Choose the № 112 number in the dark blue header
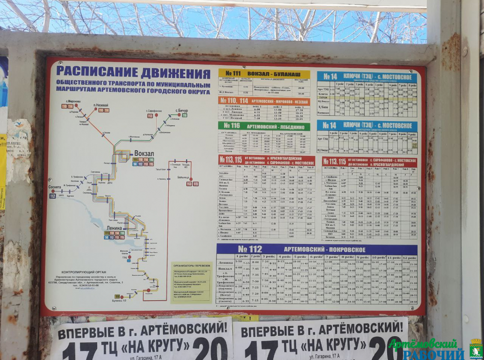click(x=250, y=249)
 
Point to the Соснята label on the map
click(x=54, y=187)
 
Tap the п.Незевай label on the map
click(x=101, y=105)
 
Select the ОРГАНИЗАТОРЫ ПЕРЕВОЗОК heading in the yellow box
click(x=191, y=266)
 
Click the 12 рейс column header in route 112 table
click(x=409, y=257)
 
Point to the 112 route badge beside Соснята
click(x=52, y=196)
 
